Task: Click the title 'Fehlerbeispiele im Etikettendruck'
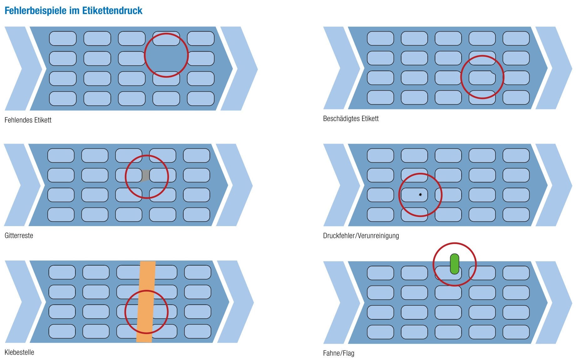(73, 11)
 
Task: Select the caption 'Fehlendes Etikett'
(28, 120)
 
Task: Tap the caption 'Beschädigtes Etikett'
(350, 119)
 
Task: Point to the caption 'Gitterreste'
(19, 236)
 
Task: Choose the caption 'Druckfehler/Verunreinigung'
(361, 236)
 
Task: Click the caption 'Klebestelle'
(19, 352)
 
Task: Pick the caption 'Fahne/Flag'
(338, 353)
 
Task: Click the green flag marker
(454, 264)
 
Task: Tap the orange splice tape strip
(146, 302)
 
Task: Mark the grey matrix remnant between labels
(145, 175)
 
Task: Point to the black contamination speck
(420, 195)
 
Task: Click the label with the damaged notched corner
(482, 78)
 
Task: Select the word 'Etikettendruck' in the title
(112, 11)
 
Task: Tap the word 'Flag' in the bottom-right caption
(348, 353)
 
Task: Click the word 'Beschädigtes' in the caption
(341, 119)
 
